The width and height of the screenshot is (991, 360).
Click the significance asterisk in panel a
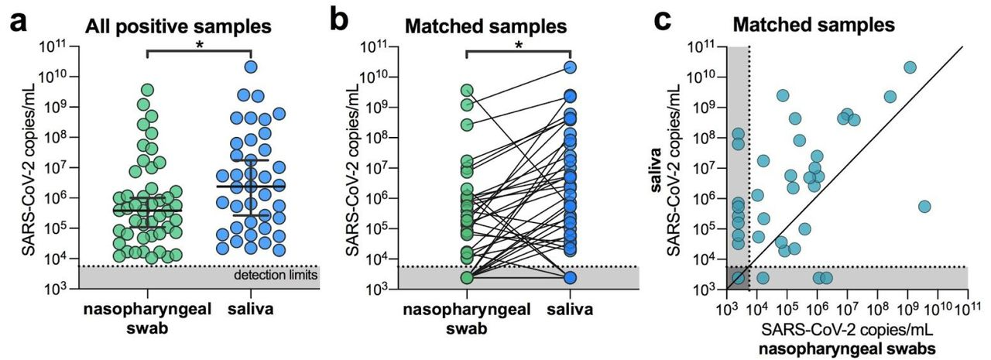click(200, 45)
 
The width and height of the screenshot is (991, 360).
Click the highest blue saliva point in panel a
click(251, 67)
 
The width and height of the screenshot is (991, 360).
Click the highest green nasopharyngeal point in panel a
click(147, 90)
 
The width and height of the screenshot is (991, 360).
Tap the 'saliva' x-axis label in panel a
click(250, 310)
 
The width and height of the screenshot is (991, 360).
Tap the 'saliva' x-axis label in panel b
click(570, 310)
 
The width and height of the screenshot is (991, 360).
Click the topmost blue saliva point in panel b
click(570, 67)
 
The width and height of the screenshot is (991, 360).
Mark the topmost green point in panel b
click(467, 90)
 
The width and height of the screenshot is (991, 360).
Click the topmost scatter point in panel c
click(910, 67)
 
